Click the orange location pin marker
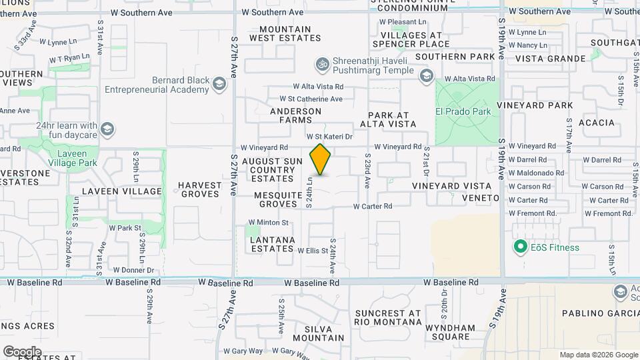(320, 159)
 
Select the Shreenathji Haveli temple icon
(322, 64)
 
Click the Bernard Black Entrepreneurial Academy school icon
(219, 83)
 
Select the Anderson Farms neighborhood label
(295, 115)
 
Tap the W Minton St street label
(268, 223)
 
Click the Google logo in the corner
(22, 352)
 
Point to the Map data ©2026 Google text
(598, 355)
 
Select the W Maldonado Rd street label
(537, 173)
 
